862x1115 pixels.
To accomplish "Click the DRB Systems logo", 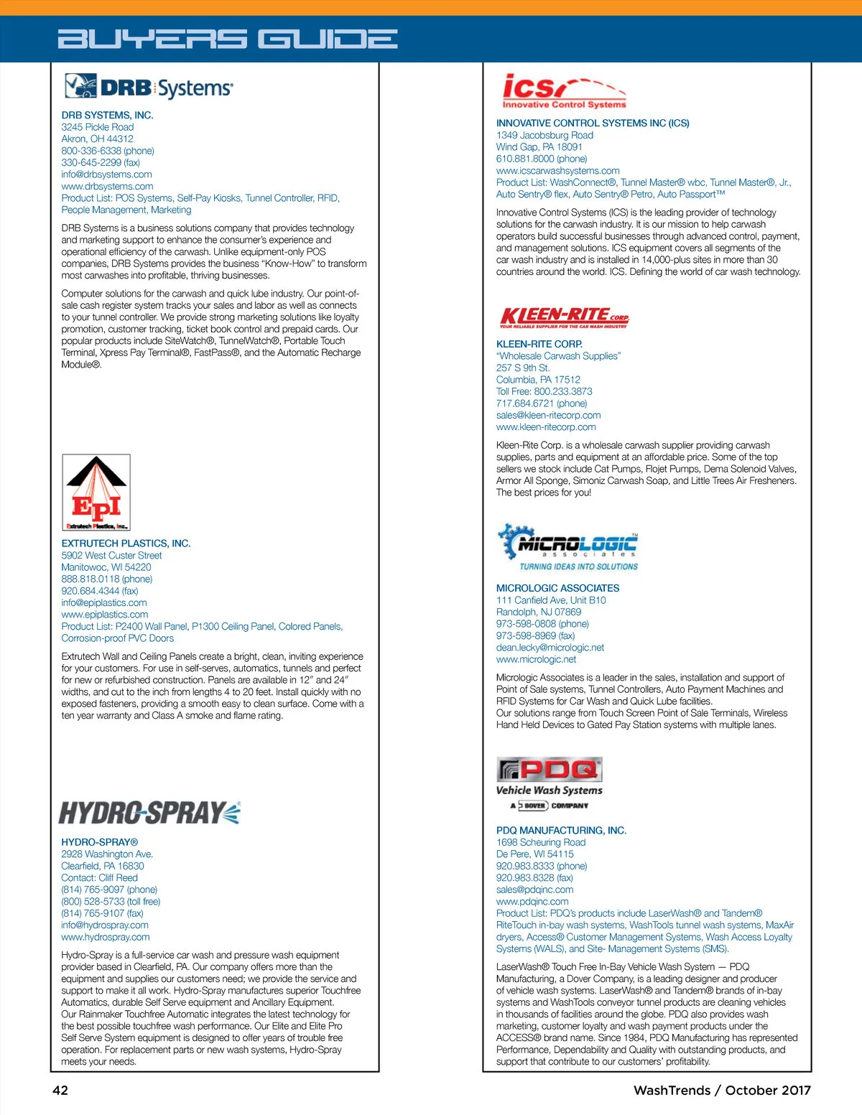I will [149, 87].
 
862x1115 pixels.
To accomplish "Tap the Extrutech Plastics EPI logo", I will [96, 493].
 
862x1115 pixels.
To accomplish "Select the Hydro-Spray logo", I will [149, 813].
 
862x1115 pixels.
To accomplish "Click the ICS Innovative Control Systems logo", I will [564, 91].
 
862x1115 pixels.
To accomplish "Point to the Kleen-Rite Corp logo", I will [564, 317].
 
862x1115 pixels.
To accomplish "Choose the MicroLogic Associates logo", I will [567, 548].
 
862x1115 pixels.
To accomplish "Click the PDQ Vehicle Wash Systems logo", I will [550, 783].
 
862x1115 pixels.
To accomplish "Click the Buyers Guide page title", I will [228, 39].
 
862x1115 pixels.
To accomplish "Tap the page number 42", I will [60, 1090].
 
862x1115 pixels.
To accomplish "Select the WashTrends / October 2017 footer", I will [722, 1090].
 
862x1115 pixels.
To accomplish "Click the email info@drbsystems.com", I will [106, 174].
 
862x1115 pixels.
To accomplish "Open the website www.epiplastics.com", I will [105, 615].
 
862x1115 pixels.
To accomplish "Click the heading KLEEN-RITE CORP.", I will [539, 344].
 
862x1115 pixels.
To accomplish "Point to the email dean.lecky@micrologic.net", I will [550, 648].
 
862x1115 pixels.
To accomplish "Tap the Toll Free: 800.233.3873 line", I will [544, 391].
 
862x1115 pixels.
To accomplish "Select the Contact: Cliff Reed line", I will [99, 877].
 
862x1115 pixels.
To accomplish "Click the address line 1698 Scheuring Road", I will [541, 842].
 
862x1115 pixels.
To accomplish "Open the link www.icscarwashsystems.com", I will [558, 171].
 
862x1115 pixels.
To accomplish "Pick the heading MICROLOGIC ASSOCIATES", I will [557, 588].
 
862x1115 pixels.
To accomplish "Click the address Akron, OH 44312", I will [97, 139].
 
